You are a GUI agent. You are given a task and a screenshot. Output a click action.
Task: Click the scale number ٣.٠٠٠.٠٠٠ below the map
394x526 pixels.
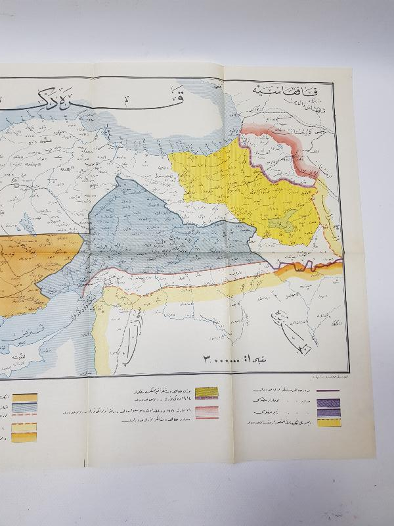pos(228,360)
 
